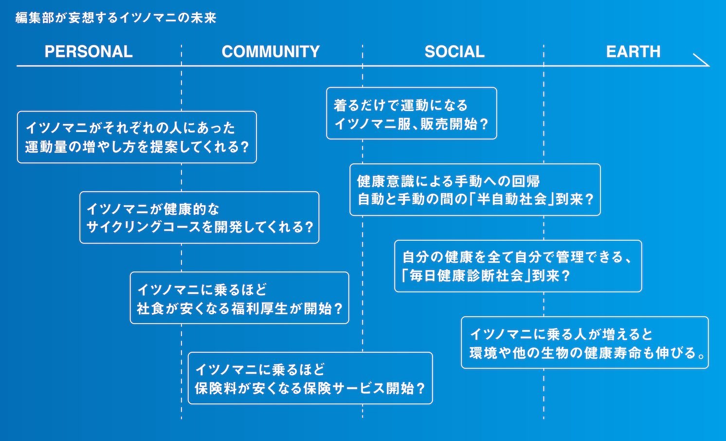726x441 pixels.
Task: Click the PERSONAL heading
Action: pyautogui.click(x=89, y=52)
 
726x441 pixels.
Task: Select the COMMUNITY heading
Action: pyautogui.click(x=271, y=52)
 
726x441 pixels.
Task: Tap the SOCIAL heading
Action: pyautogui.click(x=454, y=52)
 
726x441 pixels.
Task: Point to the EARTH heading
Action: pyautogui.click(x=633, y=52)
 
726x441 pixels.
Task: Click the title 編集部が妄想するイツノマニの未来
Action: pyautogui.click(x=116, y=18)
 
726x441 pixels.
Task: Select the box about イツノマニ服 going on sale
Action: pyautogui.click(x=411, y=114)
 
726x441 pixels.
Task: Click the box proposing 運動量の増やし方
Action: pyautogui.click(x=137, y=137)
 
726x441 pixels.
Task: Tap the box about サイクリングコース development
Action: pyautogui.click(x=200, y=217)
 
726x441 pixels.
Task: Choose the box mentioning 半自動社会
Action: pyautogui.click(x=475, y=190)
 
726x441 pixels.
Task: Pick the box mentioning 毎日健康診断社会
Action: pyautogui.click(x=518, y=266)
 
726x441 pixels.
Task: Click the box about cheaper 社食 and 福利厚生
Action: pyautogui.click(x=239, y=298)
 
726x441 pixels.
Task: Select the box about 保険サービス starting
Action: pyautogui.click(x=310, y=378)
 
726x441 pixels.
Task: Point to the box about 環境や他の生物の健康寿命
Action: pyautogui.click(x=584, y=343)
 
